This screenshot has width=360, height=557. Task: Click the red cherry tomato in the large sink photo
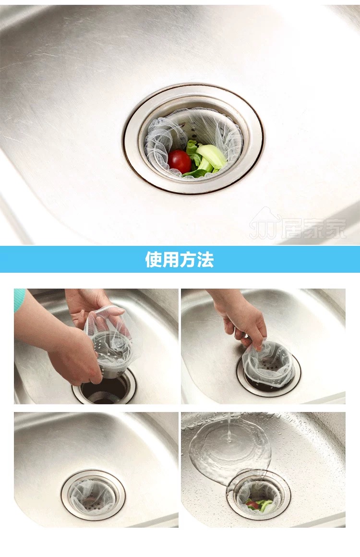coord(180,161)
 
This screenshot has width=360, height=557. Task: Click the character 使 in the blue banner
coord(154,259)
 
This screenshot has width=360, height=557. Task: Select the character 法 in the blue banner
coord(205,259)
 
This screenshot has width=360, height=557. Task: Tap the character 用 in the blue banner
coord(170,259)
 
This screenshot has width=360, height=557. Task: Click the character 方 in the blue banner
coord(188,259)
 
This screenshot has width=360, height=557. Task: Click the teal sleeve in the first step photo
coord(19,299)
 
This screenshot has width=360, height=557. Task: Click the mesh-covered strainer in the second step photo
coord(268,366)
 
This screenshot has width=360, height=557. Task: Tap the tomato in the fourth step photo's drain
coord(252,505)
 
